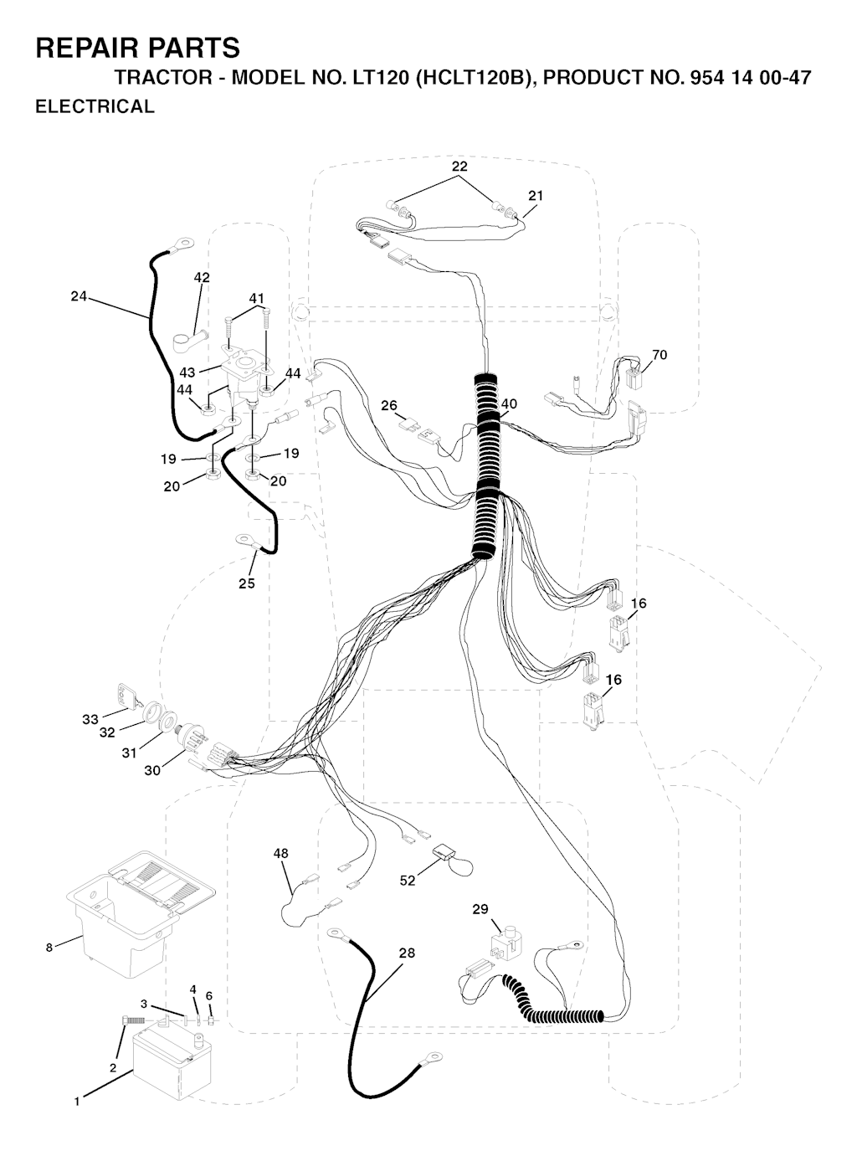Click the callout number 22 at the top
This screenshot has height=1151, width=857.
click(459, 166)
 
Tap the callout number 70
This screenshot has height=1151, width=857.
click(659, 354)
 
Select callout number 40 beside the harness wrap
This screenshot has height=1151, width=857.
click(509, 403)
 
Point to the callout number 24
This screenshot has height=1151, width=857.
click(79, 297)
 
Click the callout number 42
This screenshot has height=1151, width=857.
click(202, 278)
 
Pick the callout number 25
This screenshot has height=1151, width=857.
click(247, 583)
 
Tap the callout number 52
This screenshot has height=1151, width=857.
click(408, 881)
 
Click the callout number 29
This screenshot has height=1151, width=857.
click(480, 908)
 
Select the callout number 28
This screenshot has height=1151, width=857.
click(408, 953)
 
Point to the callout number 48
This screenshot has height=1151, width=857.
click(280, 853)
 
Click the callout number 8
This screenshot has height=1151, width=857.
click(49, 948)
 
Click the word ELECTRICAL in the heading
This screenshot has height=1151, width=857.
click(95, 106)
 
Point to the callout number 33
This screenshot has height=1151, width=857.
click(90, 719)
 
